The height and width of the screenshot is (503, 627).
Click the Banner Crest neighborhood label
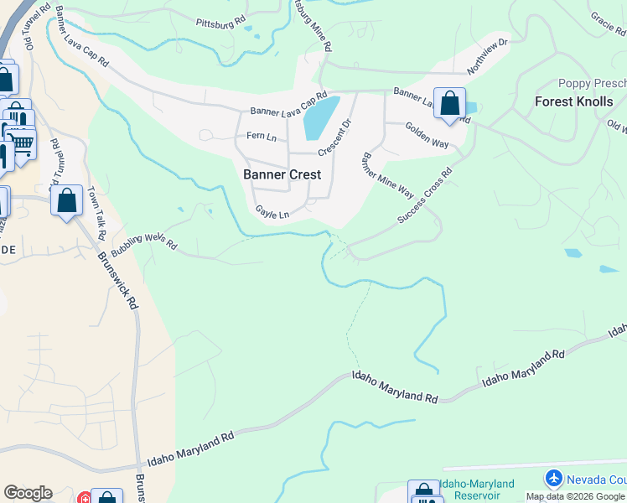pos(282,175)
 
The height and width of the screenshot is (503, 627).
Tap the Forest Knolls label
pos(574,101)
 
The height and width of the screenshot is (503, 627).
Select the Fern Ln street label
pos(261,137)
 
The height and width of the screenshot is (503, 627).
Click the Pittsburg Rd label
pos(220,20)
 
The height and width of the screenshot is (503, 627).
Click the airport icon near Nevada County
pos(553,480)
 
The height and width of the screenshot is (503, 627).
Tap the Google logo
pos(28,493)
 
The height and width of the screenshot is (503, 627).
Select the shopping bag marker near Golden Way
pos(450,104)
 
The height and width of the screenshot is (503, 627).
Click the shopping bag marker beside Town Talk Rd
pos(67,201)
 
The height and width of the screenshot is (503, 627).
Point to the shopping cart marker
pos(22,144)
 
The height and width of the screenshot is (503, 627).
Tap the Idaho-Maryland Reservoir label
pos(479,490)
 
